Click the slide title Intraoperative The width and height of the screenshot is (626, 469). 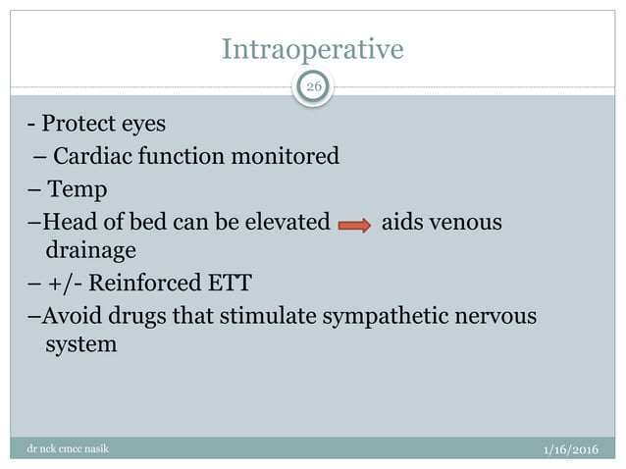pyautogui.click(x=312, y=48)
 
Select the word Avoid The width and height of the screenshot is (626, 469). pyautogui.click(x=67, y=317)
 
